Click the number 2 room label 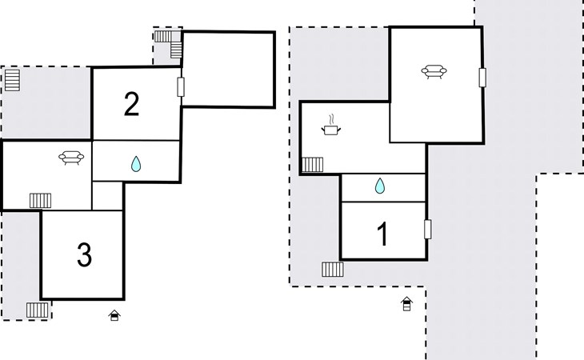tap(132, 104)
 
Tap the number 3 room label tap(84, 255)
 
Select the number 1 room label tap(382, 235)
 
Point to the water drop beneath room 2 tap(135, 164)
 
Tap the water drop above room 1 tap(380, 186)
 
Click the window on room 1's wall tap(427, 229)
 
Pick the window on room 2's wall tap(181, 88)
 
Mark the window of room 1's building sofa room tap(482, 78)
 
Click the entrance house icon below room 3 tap(114, 316)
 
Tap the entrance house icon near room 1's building tap(406, 303)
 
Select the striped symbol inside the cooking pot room tap(313, 165)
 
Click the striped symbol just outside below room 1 tap(333, 269)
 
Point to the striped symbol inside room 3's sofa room tap(40, 200)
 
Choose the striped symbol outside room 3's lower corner tap(37, 310)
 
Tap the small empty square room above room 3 tap(107, 195)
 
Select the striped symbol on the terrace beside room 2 tap(12, 80)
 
